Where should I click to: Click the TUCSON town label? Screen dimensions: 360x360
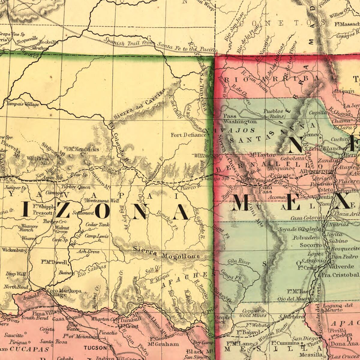click(95, 348)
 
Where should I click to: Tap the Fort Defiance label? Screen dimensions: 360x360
click(188, 135)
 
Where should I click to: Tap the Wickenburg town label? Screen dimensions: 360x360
click(14, 250)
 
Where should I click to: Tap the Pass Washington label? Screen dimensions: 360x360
click(240, 119)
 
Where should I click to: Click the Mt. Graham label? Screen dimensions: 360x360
click(163, 344)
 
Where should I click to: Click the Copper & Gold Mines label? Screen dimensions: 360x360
click(253, 313)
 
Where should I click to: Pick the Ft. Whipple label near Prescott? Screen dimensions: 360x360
click(44, 207)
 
